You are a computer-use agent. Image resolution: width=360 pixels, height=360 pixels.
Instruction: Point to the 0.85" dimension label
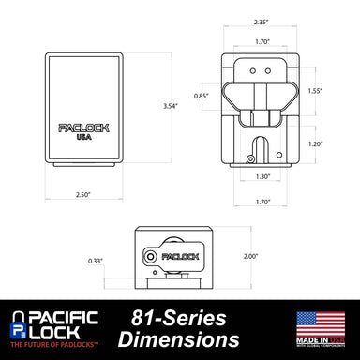(x=200, y=95)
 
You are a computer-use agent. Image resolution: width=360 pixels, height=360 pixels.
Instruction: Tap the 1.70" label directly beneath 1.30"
(x=262, y=201)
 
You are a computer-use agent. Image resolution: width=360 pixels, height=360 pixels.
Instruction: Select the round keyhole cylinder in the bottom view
(x=152, y=255)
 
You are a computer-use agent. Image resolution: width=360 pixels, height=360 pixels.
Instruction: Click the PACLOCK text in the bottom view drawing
(x=177, y=254)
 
